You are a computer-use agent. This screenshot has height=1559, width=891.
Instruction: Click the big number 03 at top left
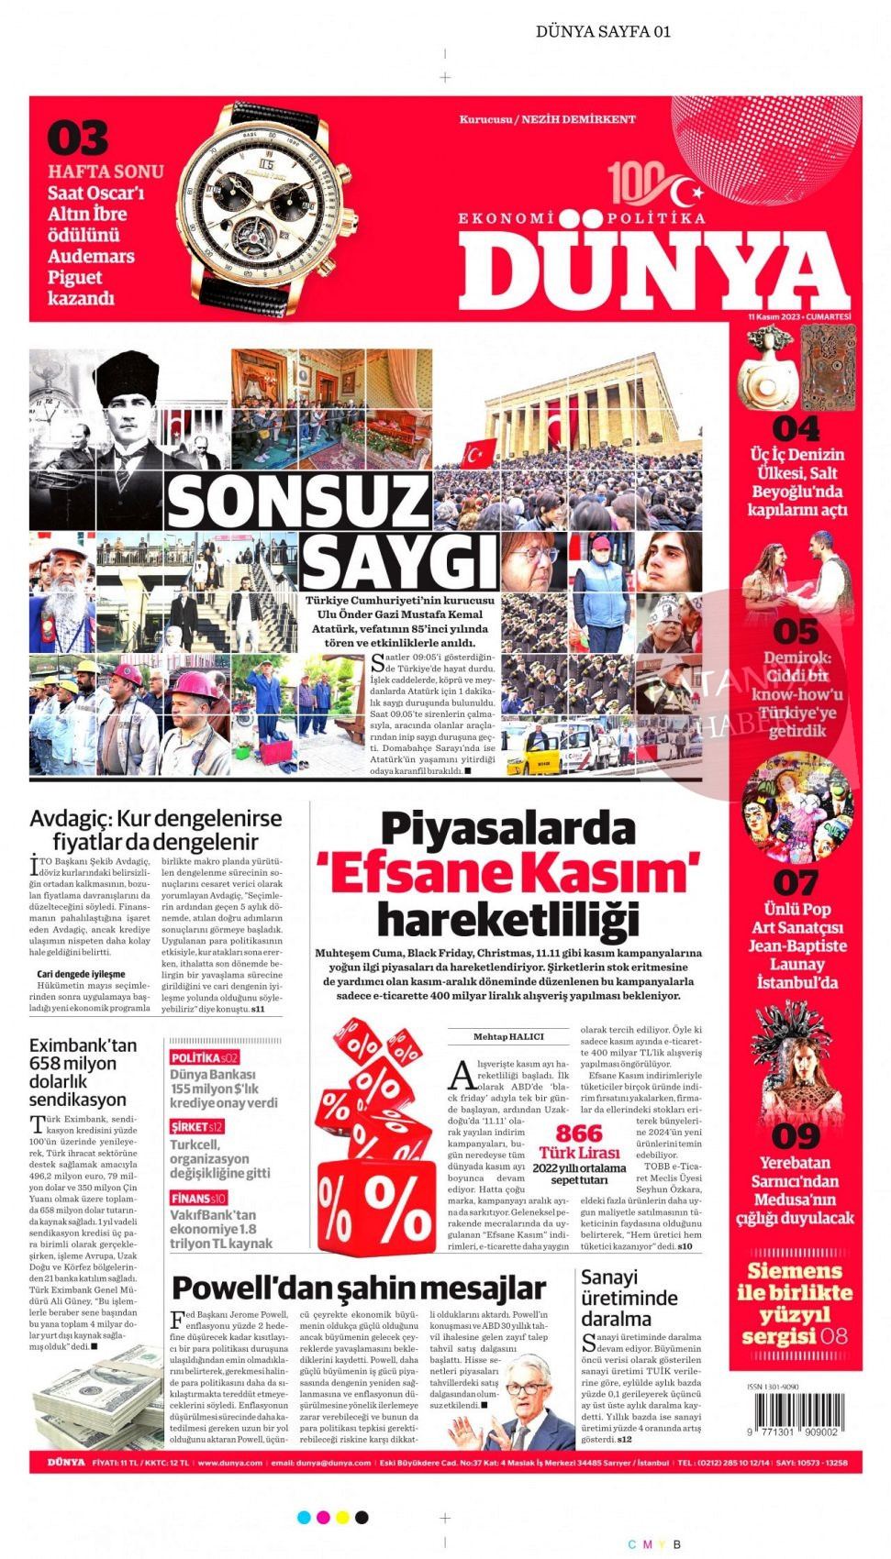(78, 138)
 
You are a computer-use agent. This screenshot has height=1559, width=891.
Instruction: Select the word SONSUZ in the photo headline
(298, 502)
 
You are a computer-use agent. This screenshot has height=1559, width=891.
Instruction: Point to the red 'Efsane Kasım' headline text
(507, 872)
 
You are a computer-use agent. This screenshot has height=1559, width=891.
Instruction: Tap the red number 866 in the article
(579, 1133)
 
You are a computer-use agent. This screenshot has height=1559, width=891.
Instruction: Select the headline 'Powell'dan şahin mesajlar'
(359, 1288)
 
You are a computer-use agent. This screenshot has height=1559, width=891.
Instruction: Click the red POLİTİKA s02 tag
(204, 1057)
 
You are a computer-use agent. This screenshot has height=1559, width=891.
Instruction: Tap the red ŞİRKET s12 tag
(196, 1127)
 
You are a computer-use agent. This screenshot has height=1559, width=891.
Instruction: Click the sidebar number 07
(795, 883)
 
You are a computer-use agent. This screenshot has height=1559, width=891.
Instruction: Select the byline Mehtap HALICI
(508, 1036)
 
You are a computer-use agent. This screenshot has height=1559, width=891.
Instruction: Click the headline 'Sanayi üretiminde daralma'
(629, 1298)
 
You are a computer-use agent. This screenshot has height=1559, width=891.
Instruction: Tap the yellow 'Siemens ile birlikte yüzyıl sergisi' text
(795, 1303)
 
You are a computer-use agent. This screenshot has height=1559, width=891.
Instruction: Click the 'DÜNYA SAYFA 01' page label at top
(603, 31)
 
